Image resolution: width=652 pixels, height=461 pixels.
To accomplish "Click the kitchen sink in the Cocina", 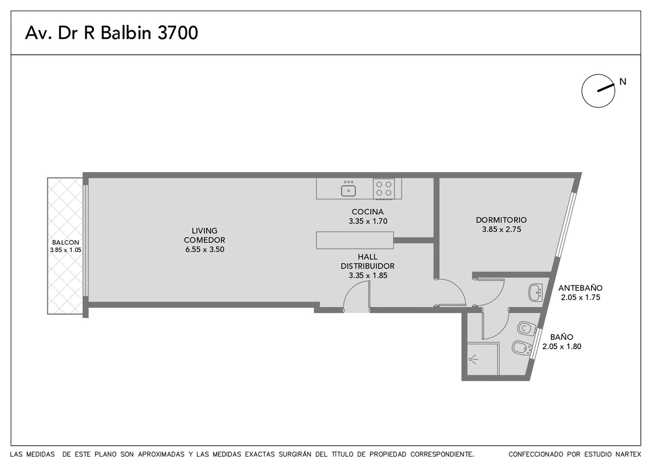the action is tap(349, 191).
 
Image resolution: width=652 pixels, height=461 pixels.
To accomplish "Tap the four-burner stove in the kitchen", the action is tap(384, 188).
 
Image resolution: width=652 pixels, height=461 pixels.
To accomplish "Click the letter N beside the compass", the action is tap(623, 82).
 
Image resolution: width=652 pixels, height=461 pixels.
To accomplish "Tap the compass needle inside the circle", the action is tap(606, 88).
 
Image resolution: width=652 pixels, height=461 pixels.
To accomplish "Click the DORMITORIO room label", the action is tap(501, 220).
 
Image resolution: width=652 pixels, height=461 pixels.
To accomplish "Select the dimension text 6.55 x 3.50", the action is tap(205, 250).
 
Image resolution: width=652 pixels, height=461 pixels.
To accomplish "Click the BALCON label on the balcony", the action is tap(65, 242).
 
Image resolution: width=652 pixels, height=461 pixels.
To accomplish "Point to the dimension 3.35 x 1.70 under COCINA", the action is tap(368, 222).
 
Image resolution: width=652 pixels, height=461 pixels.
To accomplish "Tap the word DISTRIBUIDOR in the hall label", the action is tap(368, 266).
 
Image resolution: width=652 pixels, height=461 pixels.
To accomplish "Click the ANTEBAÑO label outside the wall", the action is tap(580, 288).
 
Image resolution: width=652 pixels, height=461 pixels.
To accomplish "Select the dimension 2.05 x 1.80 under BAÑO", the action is tap(562, 347).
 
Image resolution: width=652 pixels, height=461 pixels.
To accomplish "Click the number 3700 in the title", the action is tap(178, 32).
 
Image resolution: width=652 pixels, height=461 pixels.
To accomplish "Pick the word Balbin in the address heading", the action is tap(126, 32).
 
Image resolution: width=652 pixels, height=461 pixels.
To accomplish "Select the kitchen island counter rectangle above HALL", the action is tap(355, 240).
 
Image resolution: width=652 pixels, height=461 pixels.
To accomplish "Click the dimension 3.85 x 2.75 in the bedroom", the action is tap(501, 230).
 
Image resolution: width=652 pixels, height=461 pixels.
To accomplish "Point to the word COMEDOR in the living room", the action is tap(204, 240).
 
